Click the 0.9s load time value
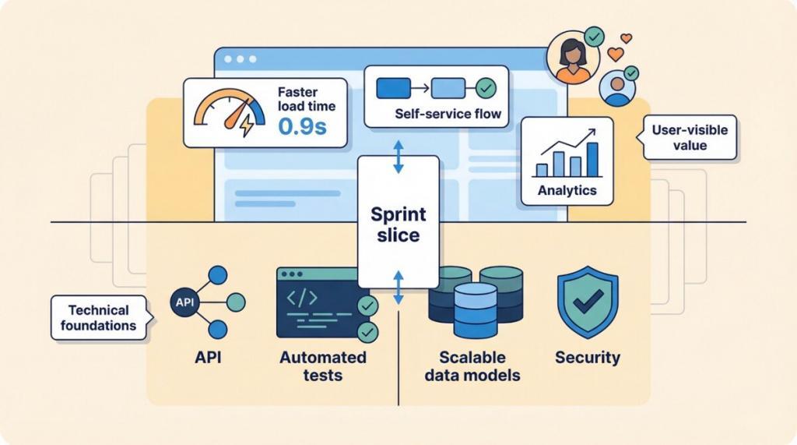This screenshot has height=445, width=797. [302, 127]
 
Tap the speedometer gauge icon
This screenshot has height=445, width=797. [230, 112]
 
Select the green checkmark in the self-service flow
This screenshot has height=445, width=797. [486, 88]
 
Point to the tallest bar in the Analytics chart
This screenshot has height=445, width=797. [592, 158]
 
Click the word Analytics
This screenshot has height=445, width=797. [567, 190]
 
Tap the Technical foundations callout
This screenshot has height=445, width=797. [98, 317]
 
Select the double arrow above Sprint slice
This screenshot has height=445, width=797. [398, 157]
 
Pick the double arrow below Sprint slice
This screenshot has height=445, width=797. [398, 288]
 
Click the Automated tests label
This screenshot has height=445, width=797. [323, 366]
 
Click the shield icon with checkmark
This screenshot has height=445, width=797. [587, 301]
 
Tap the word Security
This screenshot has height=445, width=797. [588, 358]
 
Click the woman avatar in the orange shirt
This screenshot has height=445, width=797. [573, 58]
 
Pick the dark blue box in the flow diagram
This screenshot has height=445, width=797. [393, 88]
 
